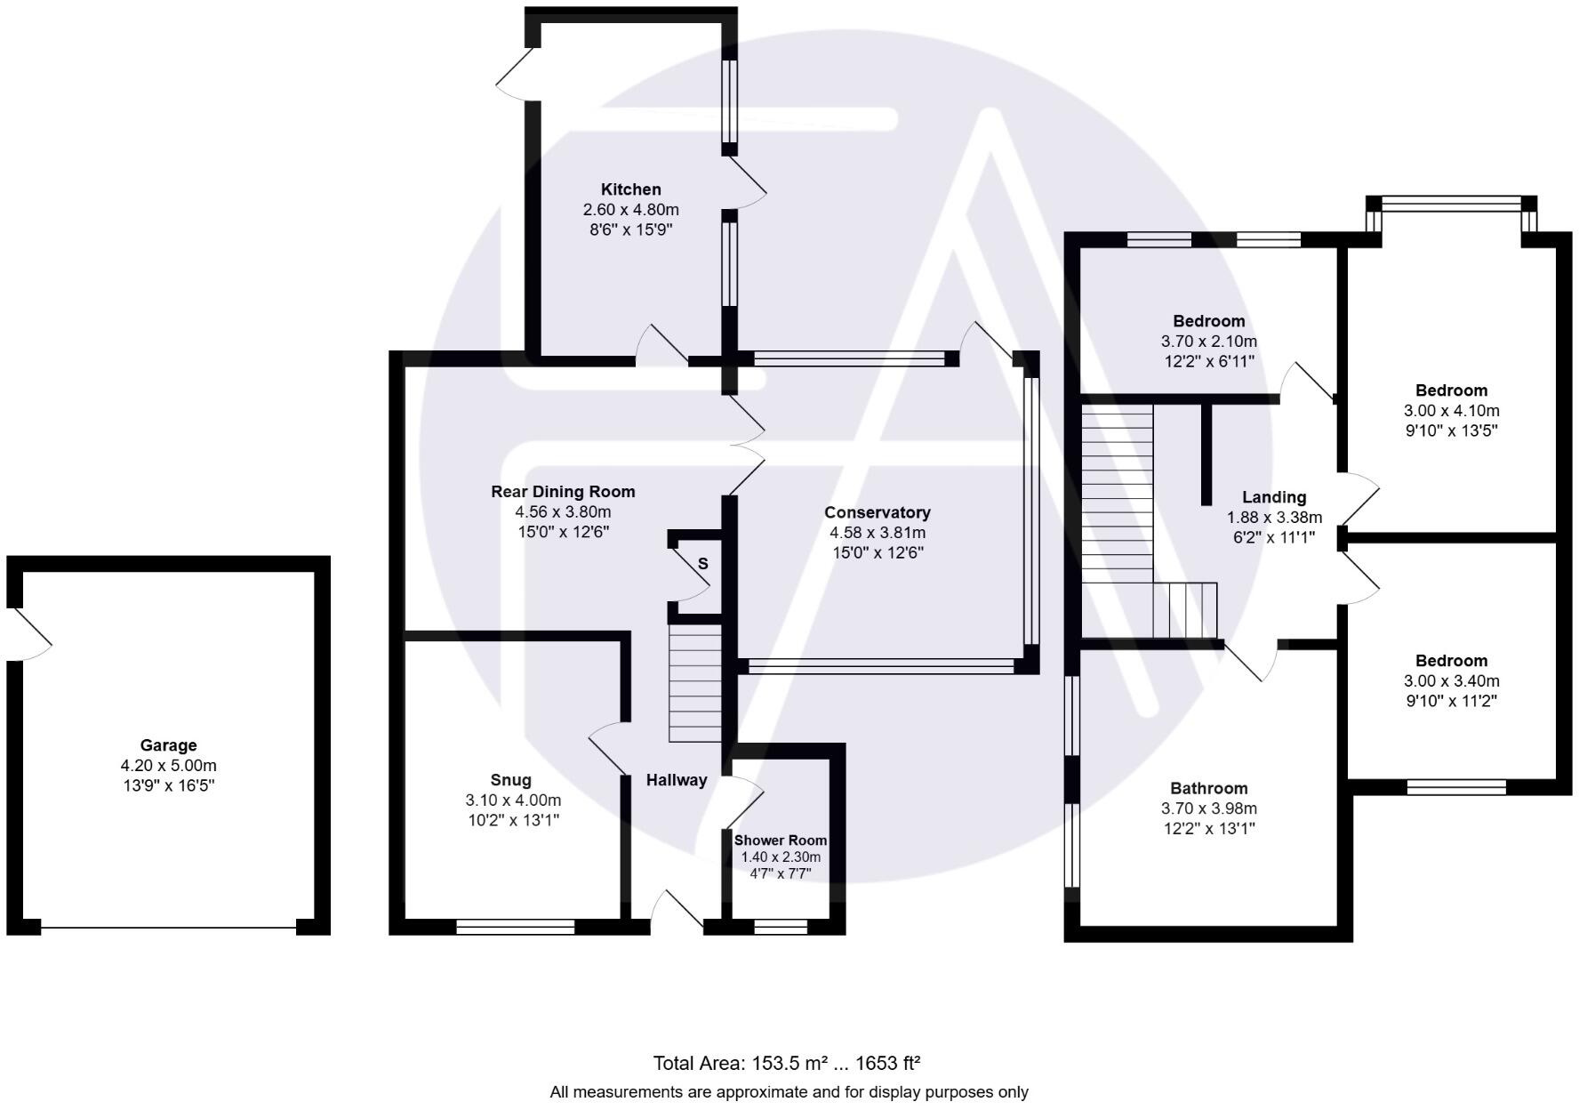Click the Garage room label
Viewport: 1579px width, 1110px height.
[x=168, y=745]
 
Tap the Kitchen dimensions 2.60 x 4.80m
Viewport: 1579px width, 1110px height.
[x=630, y=210]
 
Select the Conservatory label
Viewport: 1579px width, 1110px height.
[x=877, y=512]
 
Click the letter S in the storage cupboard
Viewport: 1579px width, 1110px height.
[x=702, y=564]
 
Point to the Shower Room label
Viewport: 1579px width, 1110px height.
[x=780, y=841]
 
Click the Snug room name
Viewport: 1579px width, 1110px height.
[x=510, y=780]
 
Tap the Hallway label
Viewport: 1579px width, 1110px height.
[x=676, y=780]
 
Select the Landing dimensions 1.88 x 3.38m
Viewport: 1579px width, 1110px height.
[x=1274, y=518]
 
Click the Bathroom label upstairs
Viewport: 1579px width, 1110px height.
[x=1208, y=788]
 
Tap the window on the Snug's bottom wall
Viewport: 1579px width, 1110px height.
[x=515, y=927]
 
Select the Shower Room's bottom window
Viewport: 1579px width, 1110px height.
[x=780, y=927]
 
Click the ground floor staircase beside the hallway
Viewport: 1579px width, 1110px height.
[x=694, y=683]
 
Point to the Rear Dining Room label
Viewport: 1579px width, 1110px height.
[x=563, y=492]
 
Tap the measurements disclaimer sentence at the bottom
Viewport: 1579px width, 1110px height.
[x=789, y=1092]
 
